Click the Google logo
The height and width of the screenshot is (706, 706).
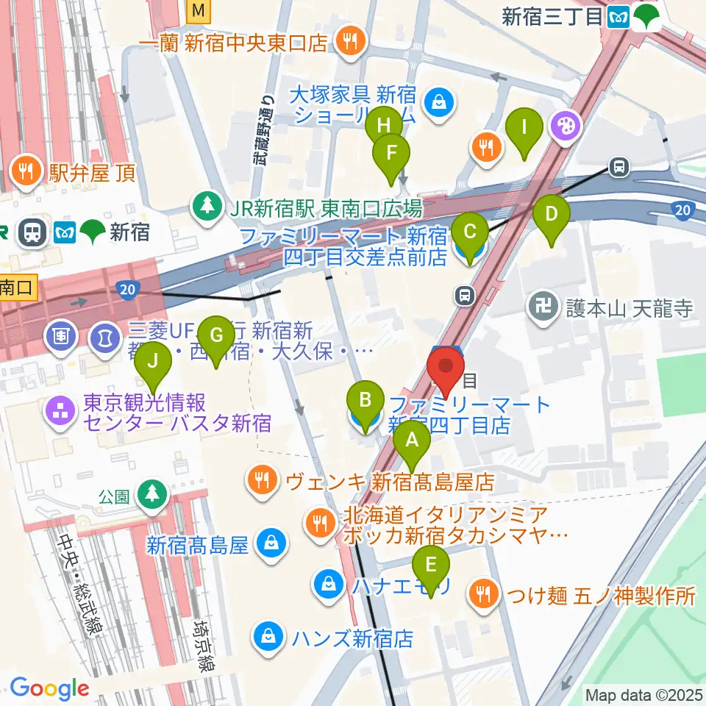click(x=49, y=689)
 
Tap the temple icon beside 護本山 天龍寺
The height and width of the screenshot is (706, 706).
click(x=544, y=308)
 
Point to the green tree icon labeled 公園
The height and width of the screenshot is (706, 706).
click(x=152, y=493)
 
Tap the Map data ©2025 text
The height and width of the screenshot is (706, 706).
click(x=644, y=694)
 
